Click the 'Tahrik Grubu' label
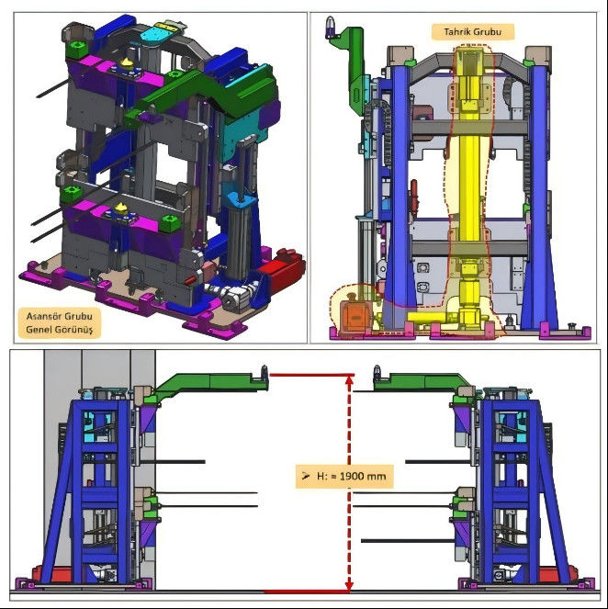[472, 32]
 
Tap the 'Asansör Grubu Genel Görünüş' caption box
[60, 323]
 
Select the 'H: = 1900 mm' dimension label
[344, 476]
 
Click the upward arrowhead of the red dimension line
[349, 380]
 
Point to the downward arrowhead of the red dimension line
[349, 586]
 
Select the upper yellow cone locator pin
[127, 62]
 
